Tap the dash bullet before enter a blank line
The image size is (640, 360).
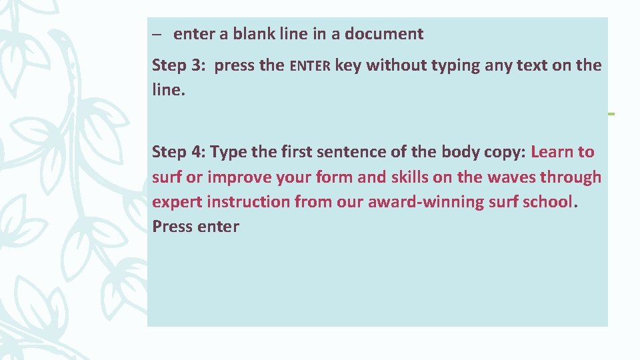coord(157,34)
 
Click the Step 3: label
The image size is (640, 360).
coord(179,65)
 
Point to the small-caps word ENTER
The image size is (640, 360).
coord(310,66)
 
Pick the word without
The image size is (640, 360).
coord(395,65)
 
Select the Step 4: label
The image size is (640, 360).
coord(179,152)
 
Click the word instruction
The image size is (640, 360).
coord(249,201)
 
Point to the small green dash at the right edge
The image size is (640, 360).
coord(611,114)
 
